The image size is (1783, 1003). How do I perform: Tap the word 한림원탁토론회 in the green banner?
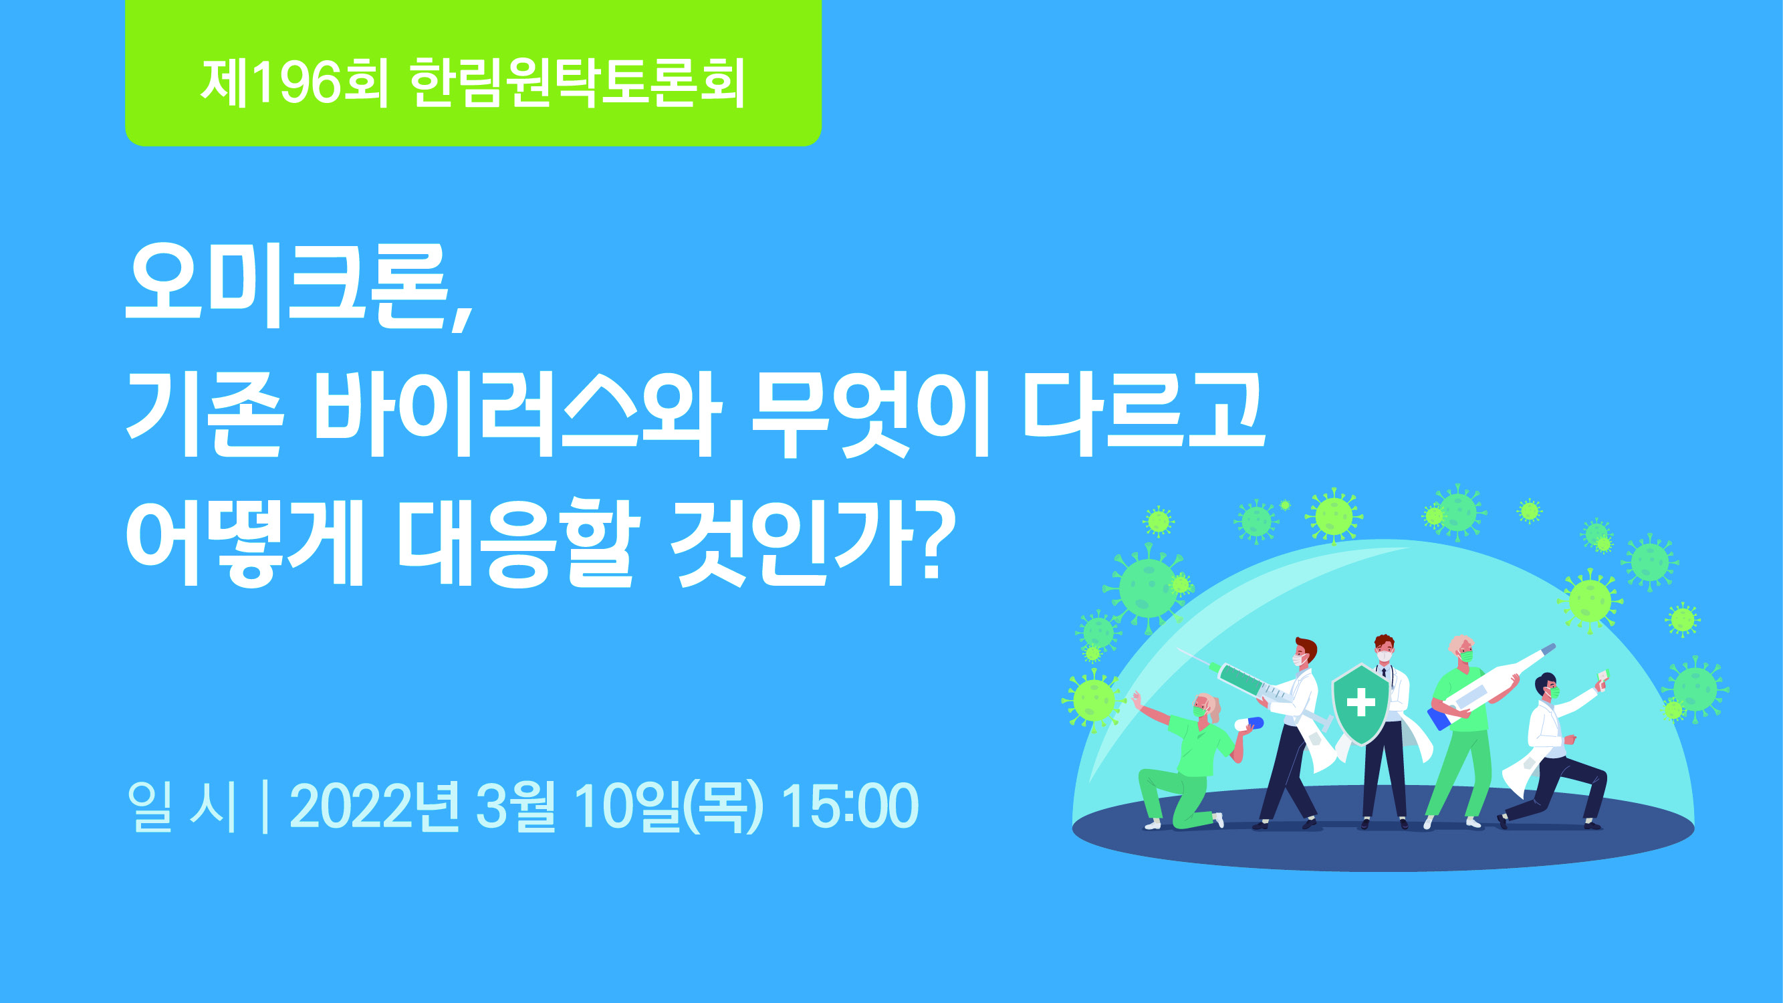pyautogui.click(x=577, y=83)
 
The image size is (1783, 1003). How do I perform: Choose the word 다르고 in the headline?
pyautogui.click(x=1144, y=415)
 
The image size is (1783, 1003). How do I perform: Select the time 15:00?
pyautogui.click(x=849, y=806)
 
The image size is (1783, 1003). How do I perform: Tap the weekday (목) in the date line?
pyautogui.click(x=723, y=807)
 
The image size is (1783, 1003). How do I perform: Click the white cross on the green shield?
pyautogui.click(x=1360, y=703)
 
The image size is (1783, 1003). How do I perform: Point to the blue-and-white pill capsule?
pyautogui.click(x=1250, y=724)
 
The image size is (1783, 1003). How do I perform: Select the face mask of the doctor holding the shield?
pyautogui.click(x=1384, y=655)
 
